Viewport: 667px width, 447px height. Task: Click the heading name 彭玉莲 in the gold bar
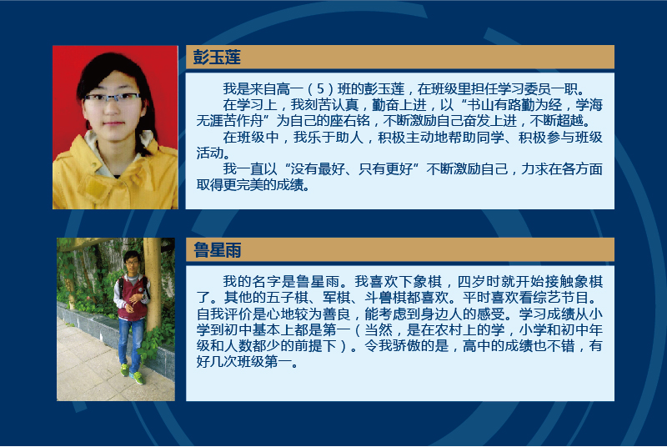pos(217,57)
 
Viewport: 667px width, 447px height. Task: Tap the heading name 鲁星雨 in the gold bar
pos(218,250)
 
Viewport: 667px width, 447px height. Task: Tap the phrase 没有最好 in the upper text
pos(317,169)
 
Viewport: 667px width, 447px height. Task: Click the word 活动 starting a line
pos(210,153)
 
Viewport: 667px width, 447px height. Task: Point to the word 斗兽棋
pos(385,297)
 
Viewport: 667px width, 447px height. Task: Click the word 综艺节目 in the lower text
pos(560,297)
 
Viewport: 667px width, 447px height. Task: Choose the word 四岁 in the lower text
pos(471,282)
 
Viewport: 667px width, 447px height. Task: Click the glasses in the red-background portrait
pos(112,98)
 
